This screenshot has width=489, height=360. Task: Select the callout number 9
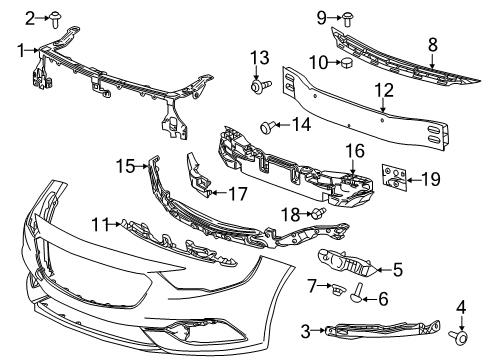click(322, 16)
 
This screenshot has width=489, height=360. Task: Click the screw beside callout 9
click(346, 17)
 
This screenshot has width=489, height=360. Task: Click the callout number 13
click(260, 57)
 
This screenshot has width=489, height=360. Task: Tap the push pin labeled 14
click(267, 126)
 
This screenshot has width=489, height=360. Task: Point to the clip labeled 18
click(318, 214)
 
